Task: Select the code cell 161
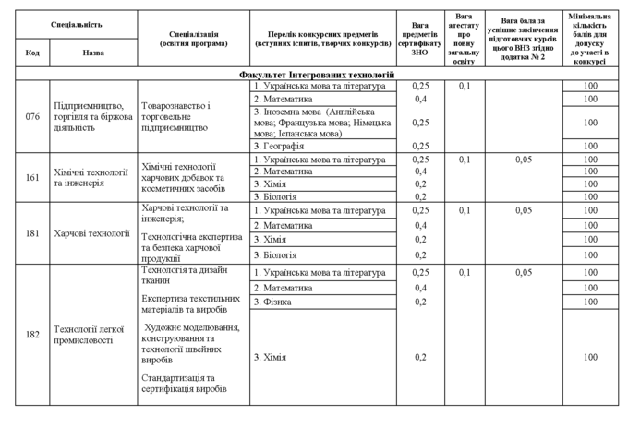tap(32, 176)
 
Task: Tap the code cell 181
tap(32, 233)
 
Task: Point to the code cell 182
tap(32, 334)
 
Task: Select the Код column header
tap(32, 53)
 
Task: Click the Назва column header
tap(93, 53)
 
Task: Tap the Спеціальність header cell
tap(77, 22)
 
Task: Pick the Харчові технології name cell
tap(92, 233)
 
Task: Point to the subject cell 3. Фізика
tap(273, 302)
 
